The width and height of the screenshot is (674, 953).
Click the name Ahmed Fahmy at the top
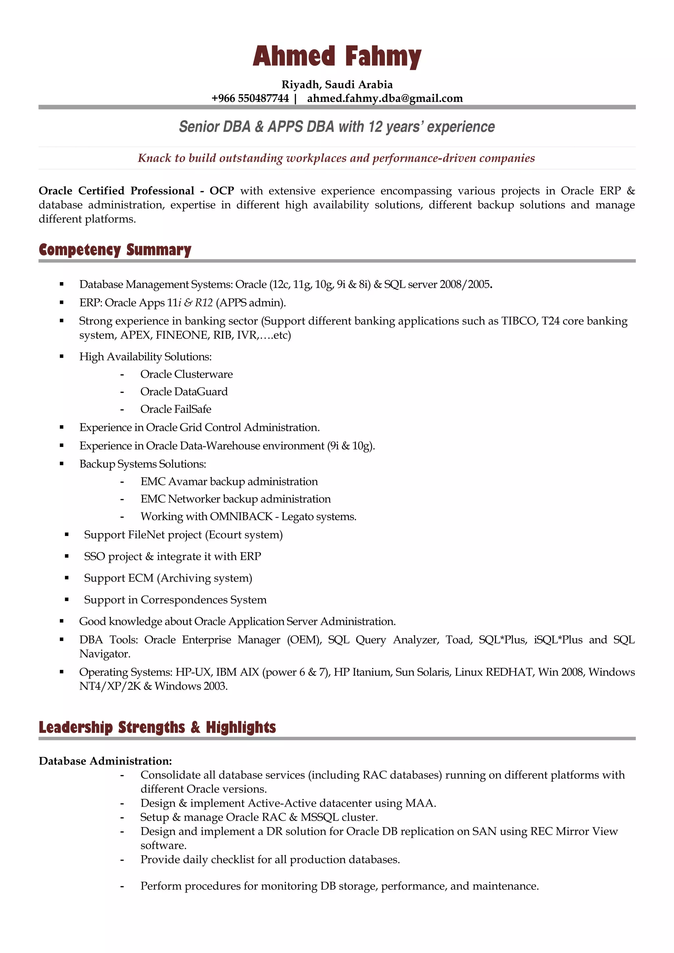(337, 57)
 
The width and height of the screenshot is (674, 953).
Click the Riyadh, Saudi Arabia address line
(337, 85)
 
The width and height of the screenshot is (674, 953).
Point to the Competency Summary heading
(115, 250)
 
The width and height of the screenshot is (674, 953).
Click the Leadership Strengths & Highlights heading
(157, 727)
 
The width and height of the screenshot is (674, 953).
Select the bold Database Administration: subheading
(105, 761)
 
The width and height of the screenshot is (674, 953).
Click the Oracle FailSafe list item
(176, 409)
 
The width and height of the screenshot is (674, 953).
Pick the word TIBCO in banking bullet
(518, 321)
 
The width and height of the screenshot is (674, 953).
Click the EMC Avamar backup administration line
(229, 481)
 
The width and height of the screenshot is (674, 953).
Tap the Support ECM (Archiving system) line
(168, 578)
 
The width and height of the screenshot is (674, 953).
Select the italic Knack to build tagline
(336, 158)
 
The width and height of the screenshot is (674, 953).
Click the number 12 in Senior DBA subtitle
(375, 127)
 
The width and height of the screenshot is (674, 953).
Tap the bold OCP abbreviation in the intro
(221, 191)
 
